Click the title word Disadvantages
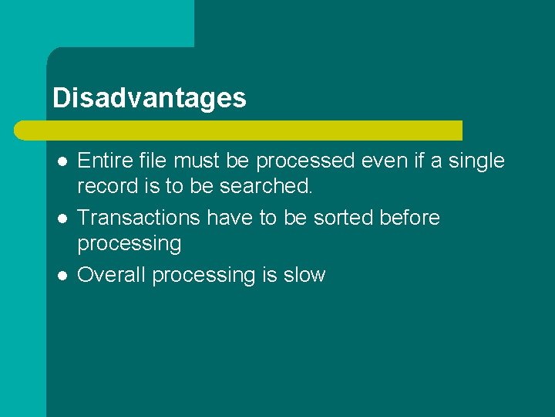(x=150, y=98)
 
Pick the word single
(x=473, y=161)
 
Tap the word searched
(x=266, y=186)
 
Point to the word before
(x=410, y=218)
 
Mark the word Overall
(x=113, y=275)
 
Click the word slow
(x=304, y=275)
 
